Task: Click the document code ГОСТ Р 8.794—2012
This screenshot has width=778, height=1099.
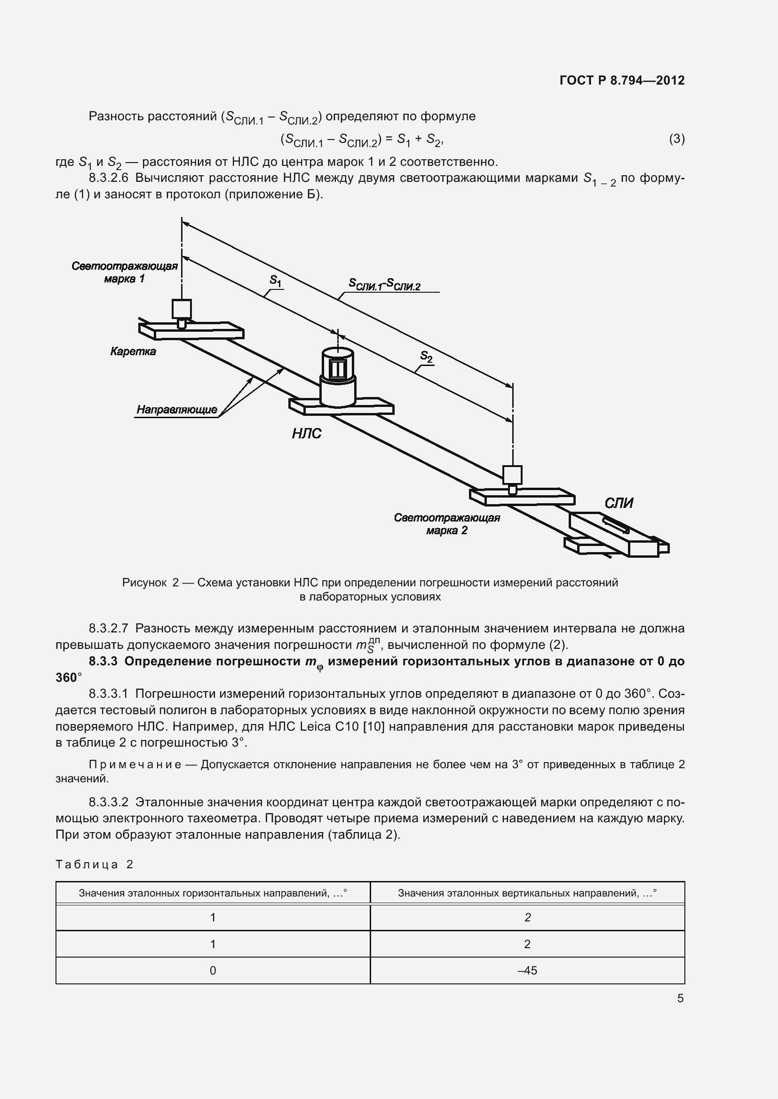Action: click(x=622, y=80)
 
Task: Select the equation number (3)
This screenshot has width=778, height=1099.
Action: click(x=676, y=139)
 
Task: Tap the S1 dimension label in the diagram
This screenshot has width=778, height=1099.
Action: click(x=276, y=281)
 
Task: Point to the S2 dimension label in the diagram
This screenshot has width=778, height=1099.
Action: click(x=426, y=356)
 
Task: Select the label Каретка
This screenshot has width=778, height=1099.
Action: click(x=133, y=351)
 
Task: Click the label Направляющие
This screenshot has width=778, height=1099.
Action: click(x=177, y=410)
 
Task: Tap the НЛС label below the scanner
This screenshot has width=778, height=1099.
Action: click(x=307, y=434)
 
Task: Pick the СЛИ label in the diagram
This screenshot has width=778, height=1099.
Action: click(x=619, y=503)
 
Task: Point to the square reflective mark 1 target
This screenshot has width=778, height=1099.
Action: click(x=182, y=309)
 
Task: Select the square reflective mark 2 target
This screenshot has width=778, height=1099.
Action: click(x=512, y=475)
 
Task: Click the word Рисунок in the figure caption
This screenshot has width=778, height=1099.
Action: click(x=144, y=583)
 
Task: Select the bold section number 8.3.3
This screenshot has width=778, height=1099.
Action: click(x=103, y=662)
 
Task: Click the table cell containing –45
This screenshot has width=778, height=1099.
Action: click(x=527, y=971)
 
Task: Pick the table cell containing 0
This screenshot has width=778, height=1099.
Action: click(x=213, y=971)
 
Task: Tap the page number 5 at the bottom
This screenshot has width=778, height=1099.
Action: click(x=680, y=998)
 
